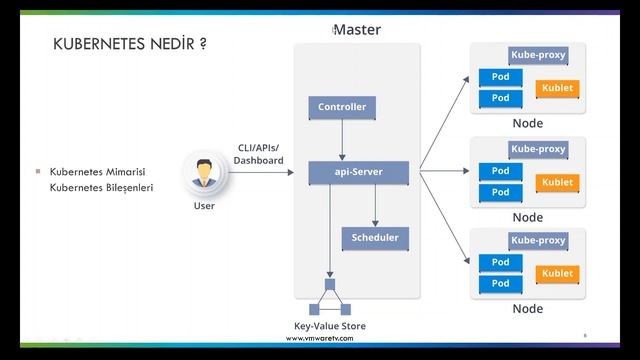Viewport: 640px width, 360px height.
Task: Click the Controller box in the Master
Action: (x=342, y=107)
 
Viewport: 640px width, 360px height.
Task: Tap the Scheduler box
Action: (x=375, y=238)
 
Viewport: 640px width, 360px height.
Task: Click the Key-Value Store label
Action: (x=330, y=327)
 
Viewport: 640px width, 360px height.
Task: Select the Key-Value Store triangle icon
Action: (x=329, y=298)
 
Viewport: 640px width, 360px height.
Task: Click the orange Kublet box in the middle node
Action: (x=557, y=182)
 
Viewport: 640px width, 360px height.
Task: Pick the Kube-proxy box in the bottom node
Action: (x=538, y=241)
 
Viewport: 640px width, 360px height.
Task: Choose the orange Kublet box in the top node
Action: (x=557, y=89)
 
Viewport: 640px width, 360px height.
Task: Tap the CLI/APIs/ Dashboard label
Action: (x=258, y=154)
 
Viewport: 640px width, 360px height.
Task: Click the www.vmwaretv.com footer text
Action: (x=320, y=339)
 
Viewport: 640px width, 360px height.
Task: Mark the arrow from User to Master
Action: (x=263, y=173)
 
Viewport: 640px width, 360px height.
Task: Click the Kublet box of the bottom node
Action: (x=557, y=273)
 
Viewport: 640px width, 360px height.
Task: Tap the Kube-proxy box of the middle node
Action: (x=538, y=149)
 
